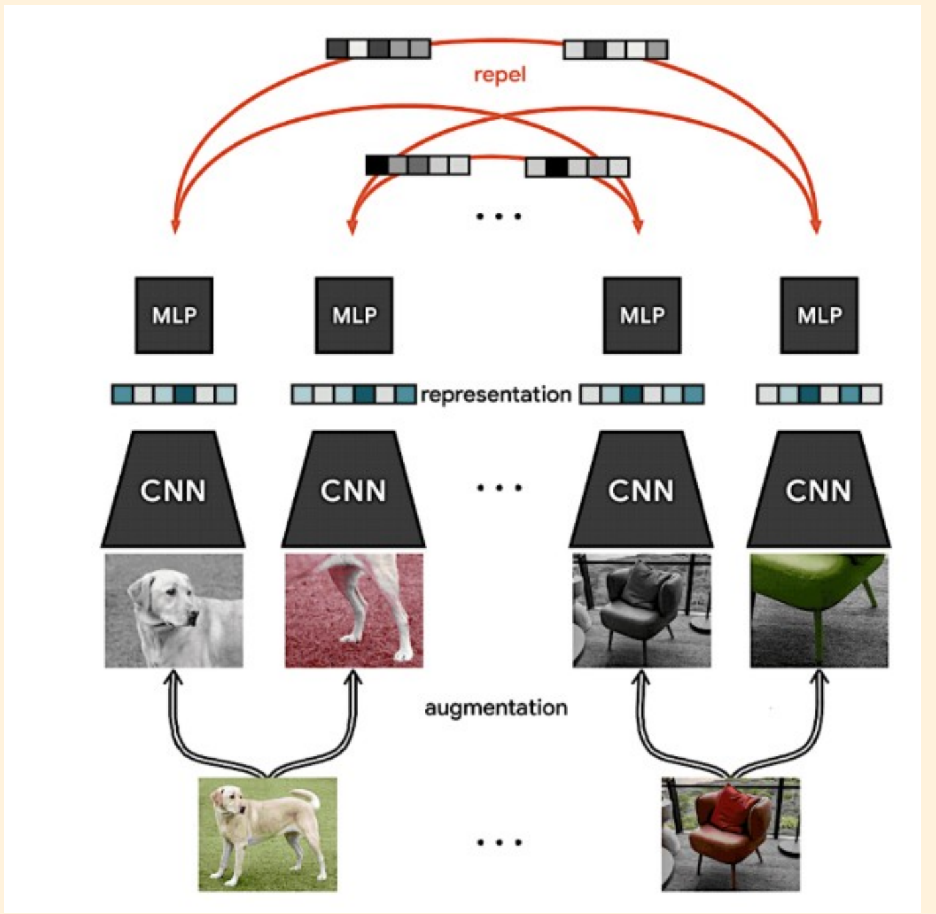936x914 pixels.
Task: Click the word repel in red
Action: [499, 75]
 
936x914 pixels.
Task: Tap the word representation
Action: [496, 395]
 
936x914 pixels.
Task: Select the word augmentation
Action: [496, 708]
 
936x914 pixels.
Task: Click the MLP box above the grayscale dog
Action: [174, 315]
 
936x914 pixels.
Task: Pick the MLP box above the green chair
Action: [819, 315]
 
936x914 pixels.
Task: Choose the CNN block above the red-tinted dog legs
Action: [354, 489]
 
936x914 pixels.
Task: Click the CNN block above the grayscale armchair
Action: [641, 489]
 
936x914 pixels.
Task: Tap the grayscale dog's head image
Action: [174, 611]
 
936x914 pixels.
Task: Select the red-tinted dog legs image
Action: [354, 611]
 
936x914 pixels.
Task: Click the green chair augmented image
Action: [819, 611]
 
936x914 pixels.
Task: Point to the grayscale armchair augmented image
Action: [642, 611]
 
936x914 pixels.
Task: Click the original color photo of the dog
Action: [268, 834]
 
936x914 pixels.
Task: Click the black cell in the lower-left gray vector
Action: [377, 166]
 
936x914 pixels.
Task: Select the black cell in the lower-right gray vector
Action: [556, 168]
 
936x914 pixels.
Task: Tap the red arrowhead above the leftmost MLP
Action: [175, 225]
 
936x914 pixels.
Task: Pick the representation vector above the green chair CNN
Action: [819, 395]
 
